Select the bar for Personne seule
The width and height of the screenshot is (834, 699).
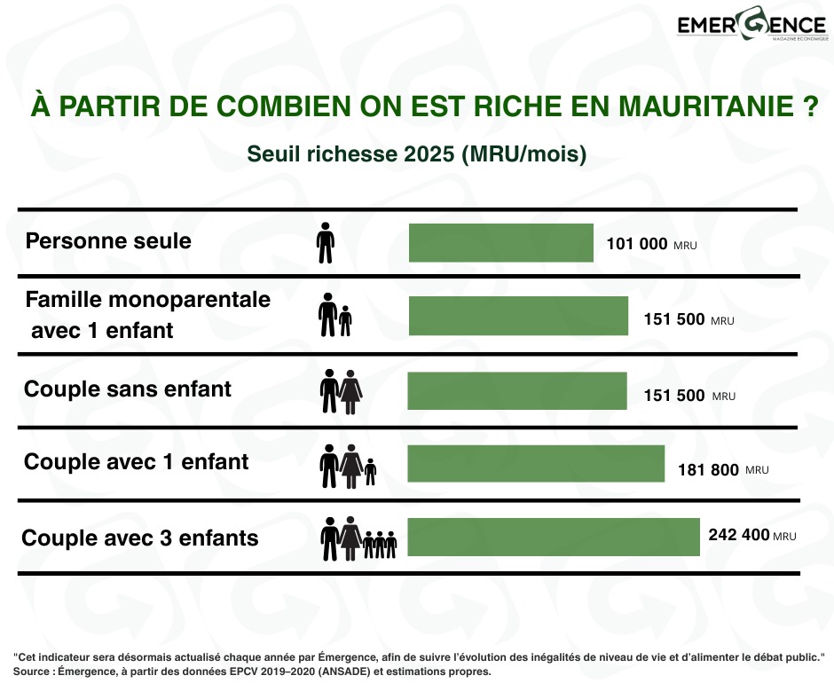pyautogui.click(x=500, y=243)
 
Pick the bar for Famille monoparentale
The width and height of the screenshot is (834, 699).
pyautogui.click(x=518, y=316)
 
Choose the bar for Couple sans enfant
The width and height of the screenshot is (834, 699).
pyautogui.click(x=517, y=390)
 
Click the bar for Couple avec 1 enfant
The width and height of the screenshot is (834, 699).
pyautogui.click(x=536, y=463)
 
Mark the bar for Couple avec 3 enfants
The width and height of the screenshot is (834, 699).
pyautogui.click(x=554, y=537)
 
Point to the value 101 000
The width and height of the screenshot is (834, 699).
pyautogui.click(x=636, y=244)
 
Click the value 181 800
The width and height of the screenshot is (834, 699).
pyautogui.click(x=708, y=470)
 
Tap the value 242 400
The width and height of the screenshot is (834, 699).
pyautogui.click(x=739, y=536)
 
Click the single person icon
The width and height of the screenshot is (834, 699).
pyautogui.click(x=326, y=243)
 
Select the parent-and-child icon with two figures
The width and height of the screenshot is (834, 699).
pyautogui.click(x=334, y=316)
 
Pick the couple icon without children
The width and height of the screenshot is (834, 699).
pyautogui.click(x=341, y=391)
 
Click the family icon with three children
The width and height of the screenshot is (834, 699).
pyautogui.click(x=358, y=538)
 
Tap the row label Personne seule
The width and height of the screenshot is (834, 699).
pyautogui.click(x=108, y=240)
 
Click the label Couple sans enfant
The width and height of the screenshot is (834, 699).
pyautogui.click(x=128, y=389)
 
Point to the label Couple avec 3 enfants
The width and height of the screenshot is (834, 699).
pyautogui.click(x=140, y=538)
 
